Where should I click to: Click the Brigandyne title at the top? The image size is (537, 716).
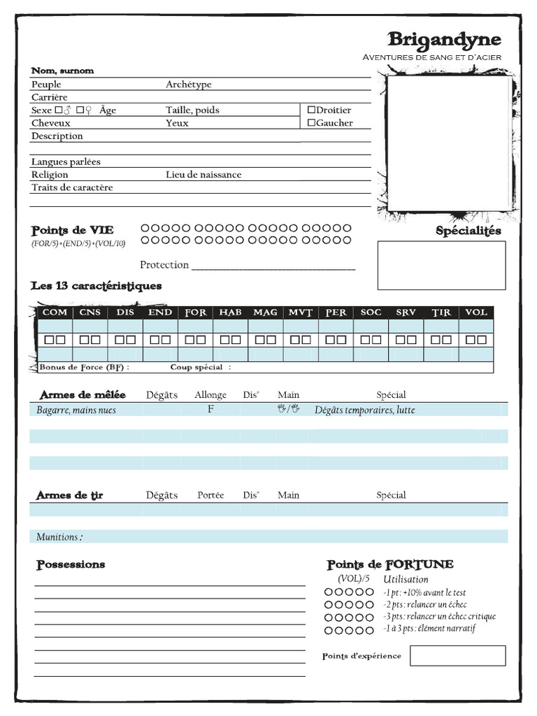pos(444,40)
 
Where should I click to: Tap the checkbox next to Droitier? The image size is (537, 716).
pos(311,110)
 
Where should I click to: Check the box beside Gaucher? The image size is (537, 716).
pos(311,123)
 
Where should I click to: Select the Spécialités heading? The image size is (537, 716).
pos(468,231)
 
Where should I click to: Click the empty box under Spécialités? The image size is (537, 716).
pos(441,265)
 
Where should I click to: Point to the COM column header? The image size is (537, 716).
pos(55,313)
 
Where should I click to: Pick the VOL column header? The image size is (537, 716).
pos(476,313)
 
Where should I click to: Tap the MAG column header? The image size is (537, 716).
pos(266,313)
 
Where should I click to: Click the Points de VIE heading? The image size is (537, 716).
pos(72,230)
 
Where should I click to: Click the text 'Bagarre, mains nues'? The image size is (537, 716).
pos(76,410)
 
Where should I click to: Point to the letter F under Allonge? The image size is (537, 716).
pos(210,410)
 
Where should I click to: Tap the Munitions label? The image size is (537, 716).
pos(59,537)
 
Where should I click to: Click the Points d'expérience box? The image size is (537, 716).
pos(457,656)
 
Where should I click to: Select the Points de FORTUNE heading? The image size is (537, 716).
pos(390,564)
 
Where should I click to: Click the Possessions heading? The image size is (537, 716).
pos(71,564)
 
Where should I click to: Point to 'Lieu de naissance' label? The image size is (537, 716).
pos(203,175)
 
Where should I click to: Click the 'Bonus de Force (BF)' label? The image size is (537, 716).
pos(84,368)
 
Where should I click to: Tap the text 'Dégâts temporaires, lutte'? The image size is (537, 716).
pos(364,410)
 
